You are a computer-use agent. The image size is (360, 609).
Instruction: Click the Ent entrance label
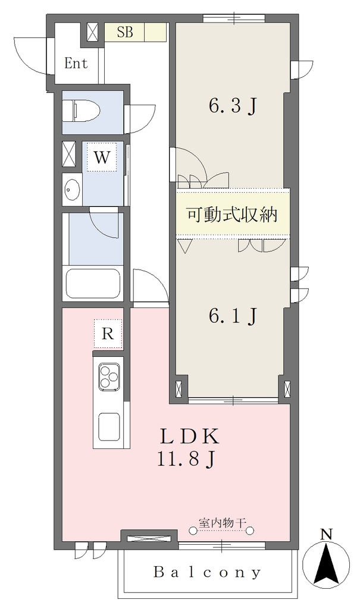(x=76, y=63)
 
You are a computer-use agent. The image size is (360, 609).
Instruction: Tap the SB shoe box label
(x=125, y=33)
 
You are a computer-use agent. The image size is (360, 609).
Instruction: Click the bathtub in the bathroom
(x=93, y=283)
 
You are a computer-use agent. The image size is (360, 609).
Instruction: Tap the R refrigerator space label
(x=108, y=334)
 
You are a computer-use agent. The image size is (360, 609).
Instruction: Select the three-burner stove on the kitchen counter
(x=109, y=376)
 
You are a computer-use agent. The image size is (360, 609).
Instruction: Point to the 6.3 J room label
(x=233, y=106)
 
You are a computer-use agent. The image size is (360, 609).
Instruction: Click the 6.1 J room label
(x=233, y=316)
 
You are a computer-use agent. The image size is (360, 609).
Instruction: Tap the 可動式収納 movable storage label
(x=232, y=214)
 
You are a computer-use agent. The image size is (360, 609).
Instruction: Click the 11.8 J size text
(x=186, y=460)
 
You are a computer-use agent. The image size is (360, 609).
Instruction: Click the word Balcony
(x=207, y=573)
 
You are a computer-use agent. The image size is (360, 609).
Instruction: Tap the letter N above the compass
(x=326, y=535)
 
